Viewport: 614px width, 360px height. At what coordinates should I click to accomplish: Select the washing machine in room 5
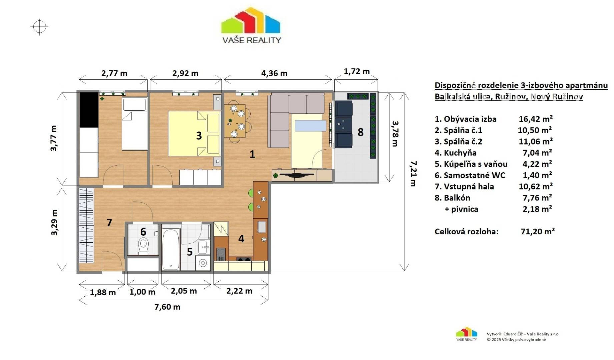click(x=203, y=263)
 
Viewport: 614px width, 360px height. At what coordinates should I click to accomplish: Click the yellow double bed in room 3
click(x=194, y=133)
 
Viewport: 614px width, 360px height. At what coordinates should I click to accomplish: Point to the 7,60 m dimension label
click(x=167, y=307)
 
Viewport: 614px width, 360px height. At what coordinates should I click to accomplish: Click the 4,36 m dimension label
click(x=274, y=73)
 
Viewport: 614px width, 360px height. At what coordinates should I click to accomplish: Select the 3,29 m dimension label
click(x=54, y=222)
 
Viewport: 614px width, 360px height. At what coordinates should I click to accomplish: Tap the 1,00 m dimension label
click(x=142, y=292)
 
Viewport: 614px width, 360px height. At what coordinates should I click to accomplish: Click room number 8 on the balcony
click(x=361, y=132)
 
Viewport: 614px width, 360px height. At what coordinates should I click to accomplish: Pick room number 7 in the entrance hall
click(x=109, y=222)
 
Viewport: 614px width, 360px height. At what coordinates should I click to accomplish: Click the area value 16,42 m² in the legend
click(x=536, y=119)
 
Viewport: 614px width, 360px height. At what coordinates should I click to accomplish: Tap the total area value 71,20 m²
click(x=538, y=231)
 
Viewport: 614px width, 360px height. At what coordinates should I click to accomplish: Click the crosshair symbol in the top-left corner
click(x=39, y=27)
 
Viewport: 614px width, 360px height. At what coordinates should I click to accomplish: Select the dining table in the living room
click(x=235, y=121)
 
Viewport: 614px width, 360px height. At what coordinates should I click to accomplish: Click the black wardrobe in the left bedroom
click(x=89, y=109)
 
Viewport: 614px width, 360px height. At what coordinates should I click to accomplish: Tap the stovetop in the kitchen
click(x=244, y=259)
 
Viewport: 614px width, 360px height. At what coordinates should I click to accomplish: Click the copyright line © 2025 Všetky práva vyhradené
click(x=516, y=340)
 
